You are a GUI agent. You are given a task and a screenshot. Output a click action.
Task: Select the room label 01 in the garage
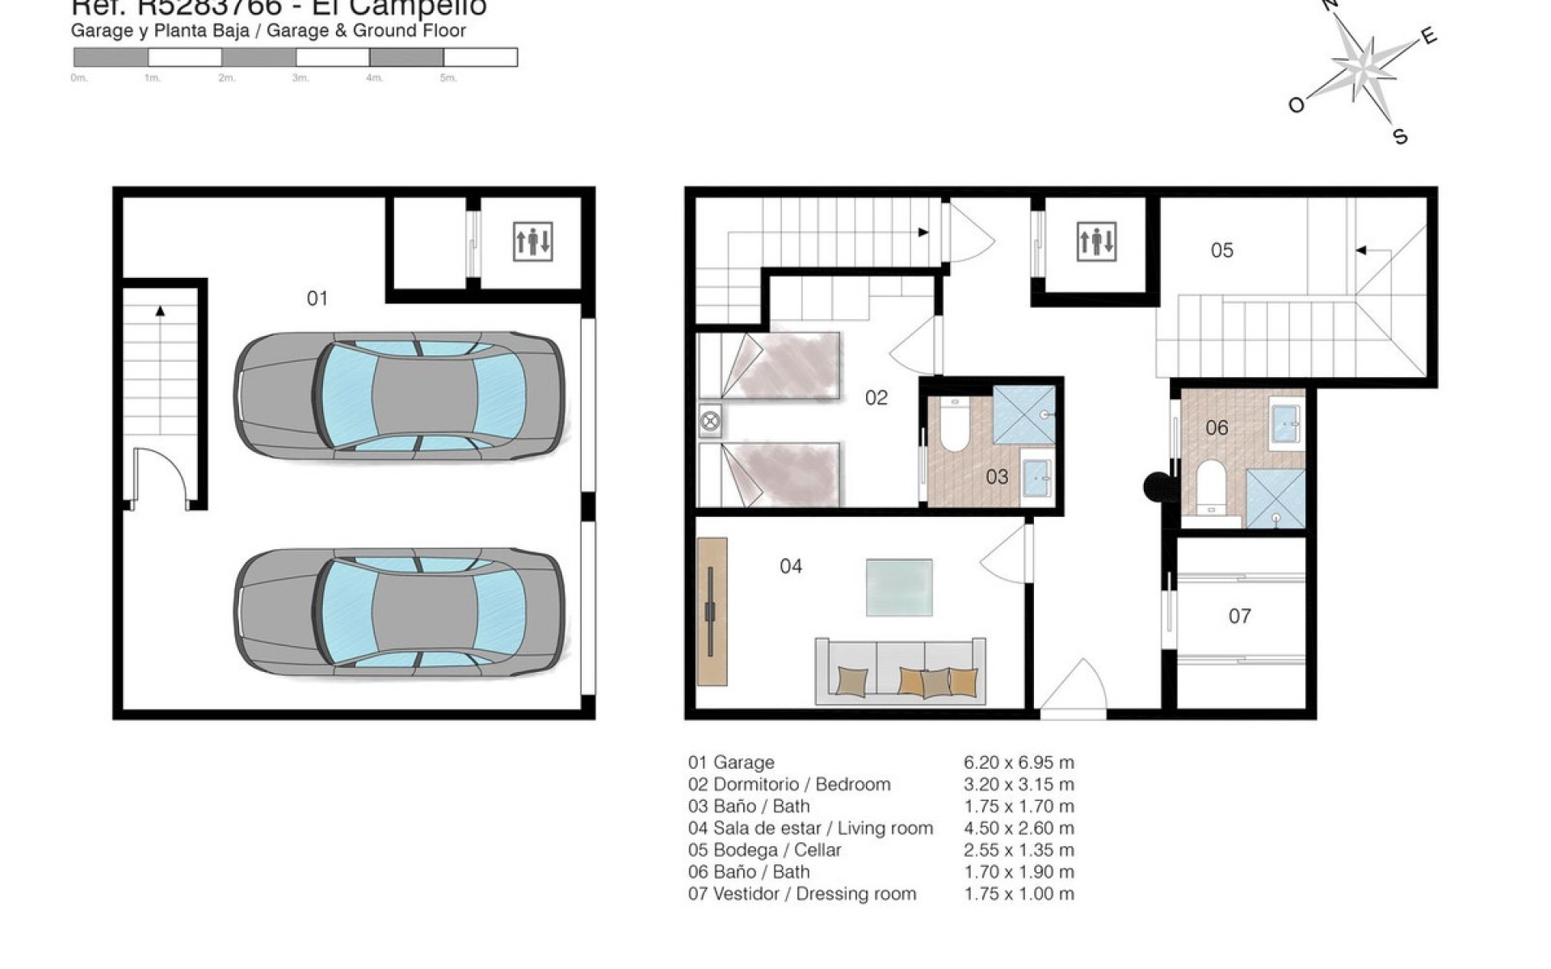click(x=317, y=299)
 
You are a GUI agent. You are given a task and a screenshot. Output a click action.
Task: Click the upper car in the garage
click(x=400, y=396)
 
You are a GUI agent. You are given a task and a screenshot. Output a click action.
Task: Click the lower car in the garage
click(x=400, y=614)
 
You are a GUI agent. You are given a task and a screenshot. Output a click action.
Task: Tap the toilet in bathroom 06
click(x=1210, y=484)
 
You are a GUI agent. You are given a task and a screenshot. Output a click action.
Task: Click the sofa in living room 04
click(x=900, y=670)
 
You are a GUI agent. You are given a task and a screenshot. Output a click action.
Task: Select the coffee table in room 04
click(x=899, y=587)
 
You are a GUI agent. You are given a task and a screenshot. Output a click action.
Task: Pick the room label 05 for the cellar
click(x=1221, y=250)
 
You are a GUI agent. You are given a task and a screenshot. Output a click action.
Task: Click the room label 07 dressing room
click(x=1239, y=617)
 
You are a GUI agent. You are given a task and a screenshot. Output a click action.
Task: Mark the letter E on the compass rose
click(x=1428, y=36)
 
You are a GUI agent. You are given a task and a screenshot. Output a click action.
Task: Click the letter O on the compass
click(x=1296, y=106)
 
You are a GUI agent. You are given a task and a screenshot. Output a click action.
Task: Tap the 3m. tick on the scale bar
click(x=301, y=78)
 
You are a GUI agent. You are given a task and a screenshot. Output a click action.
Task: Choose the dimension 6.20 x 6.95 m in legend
click(x=1019, y=762)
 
